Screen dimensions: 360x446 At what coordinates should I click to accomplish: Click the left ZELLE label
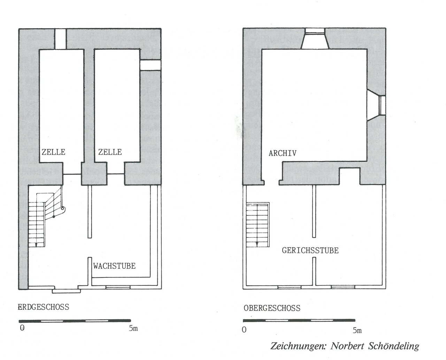pos(54,152)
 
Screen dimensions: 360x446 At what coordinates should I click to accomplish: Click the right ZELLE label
pos(110,152)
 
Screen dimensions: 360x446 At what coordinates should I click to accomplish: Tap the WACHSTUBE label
pos(114,266)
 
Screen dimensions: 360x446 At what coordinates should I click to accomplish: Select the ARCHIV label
pos(283,153)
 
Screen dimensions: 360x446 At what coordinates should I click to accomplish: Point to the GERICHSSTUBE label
pos(310,251)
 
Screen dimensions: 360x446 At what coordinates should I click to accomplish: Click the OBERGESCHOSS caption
pos(272,308)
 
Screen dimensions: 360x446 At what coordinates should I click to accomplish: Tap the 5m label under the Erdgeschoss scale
pos(133,329)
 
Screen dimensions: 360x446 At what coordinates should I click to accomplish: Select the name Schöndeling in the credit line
pos(392,346)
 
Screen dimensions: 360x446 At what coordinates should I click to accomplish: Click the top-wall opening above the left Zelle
pos(61,39)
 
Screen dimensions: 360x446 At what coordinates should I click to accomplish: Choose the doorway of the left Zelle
pos(72,174)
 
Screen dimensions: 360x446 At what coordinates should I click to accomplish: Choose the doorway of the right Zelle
pos(115,174)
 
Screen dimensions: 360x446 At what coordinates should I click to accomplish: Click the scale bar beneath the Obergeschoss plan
pos(299,320)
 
